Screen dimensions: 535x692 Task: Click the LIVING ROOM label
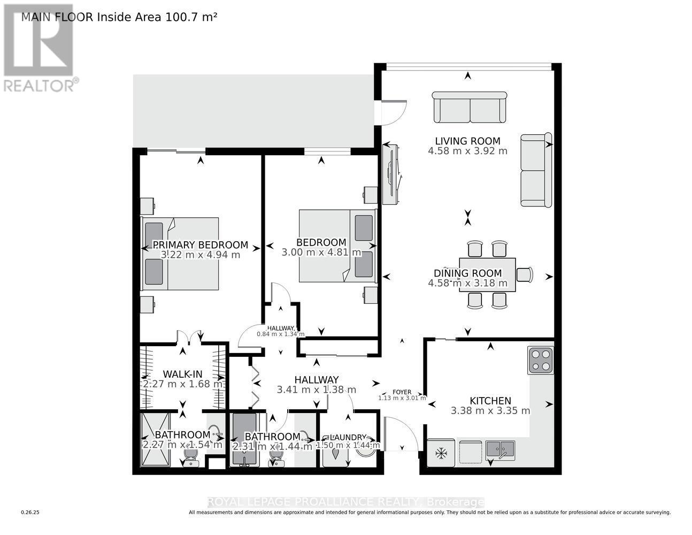[467, 141]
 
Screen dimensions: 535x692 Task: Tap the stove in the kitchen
[540, 360]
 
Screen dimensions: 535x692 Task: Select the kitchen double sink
[500, 450]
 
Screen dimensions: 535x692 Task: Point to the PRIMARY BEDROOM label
[200, 245]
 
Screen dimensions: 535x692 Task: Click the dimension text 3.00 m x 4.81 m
[321, 253]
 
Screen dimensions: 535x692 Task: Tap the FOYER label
[402, 392]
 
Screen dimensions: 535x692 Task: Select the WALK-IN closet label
[183, 373]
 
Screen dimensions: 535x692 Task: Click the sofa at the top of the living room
[469, 107]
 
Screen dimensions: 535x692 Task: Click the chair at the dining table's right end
[525, 274]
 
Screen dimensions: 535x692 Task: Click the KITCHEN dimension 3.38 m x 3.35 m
[490, 411]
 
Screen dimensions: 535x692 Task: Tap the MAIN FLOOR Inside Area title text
[119, 17]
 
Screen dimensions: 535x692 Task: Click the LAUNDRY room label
[348, 437]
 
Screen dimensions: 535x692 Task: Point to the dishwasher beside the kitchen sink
[471, 450]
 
